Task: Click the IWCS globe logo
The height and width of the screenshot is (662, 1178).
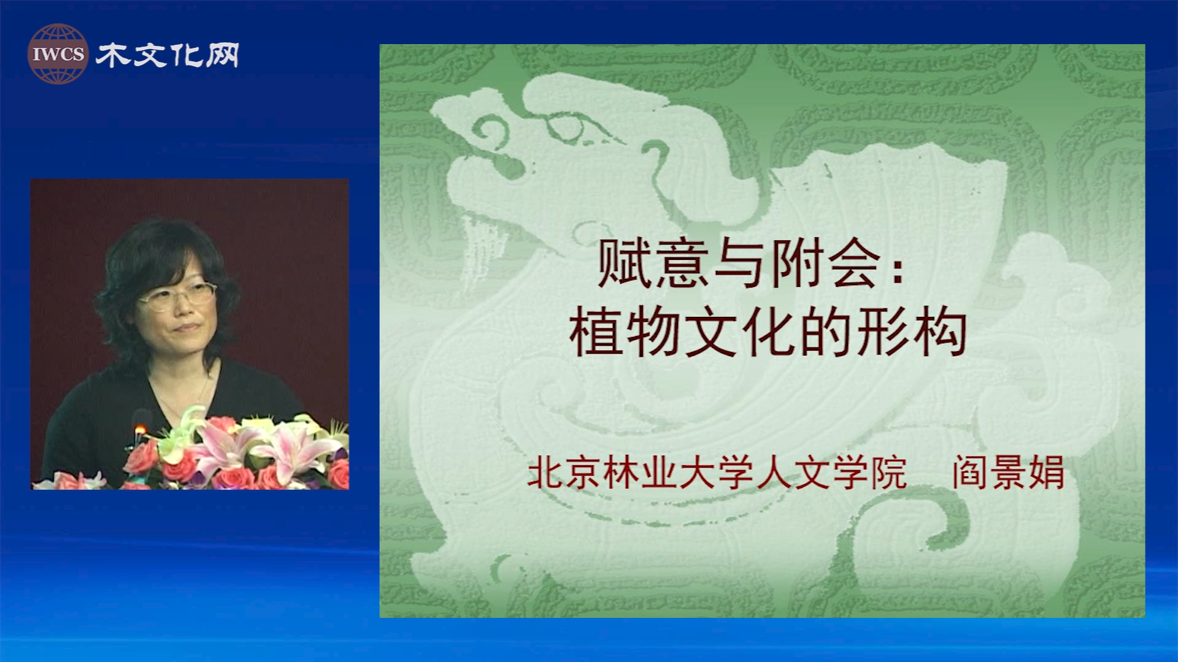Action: [58, 54]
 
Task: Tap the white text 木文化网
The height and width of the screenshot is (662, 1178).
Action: [167, 55]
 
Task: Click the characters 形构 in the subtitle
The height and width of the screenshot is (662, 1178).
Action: [912, 332]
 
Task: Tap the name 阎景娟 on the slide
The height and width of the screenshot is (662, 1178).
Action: [1008, 473]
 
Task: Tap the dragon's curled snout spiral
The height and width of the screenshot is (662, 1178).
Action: [491, 132]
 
